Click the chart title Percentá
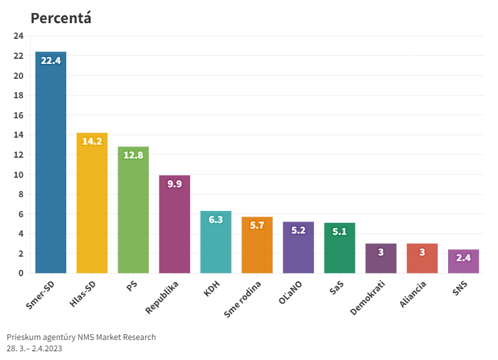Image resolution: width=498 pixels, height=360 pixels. (x=61, y=18)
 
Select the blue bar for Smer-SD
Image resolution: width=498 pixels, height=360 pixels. (x=51, y=169)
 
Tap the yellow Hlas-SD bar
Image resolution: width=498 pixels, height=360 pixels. (x=92, y=207)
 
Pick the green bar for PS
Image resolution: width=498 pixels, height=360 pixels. (x=133, y=213)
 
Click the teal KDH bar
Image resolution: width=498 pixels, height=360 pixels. (x=216, y=244)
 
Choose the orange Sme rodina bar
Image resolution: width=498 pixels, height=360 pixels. (x=257, y=247)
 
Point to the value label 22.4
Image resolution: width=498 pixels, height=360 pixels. (x=51, y=61)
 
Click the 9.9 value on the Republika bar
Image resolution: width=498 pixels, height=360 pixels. (x=175, y=184)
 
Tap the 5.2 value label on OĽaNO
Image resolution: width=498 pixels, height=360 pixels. (x=298, y=230)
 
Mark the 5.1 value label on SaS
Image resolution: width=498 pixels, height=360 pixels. (x=340, y=232)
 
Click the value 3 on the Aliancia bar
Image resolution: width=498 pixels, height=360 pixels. (x=422, y=252)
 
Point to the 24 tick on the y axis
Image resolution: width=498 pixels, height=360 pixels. (x=18, y=36)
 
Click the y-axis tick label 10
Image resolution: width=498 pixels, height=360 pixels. (x=18, y=175)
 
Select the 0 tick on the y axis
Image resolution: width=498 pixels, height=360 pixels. (x=21, y=273)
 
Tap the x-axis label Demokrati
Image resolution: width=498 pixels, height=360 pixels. (x=368, y=297)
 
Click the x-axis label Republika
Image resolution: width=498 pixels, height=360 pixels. (x=163, y=297)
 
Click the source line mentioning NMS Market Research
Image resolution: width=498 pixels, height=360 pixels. (x=81, y=337)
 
